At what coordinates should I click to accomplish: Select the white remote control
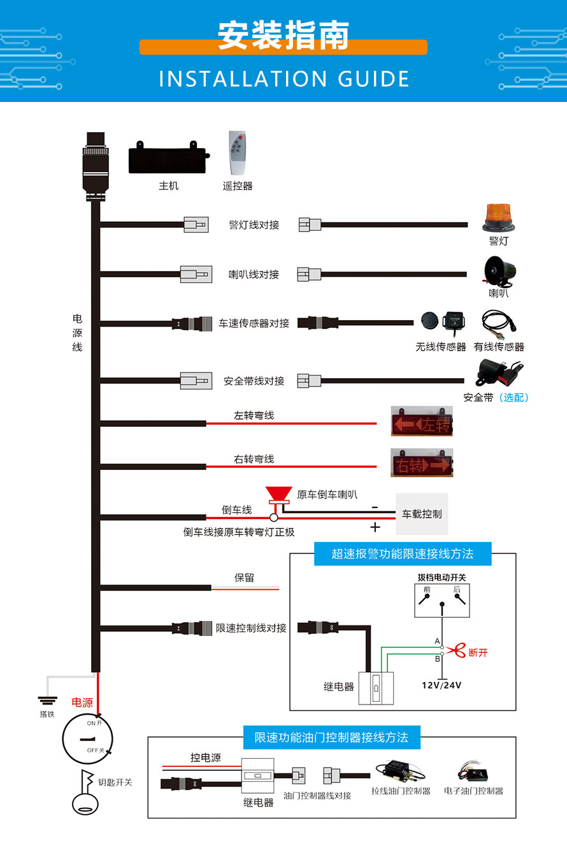(x=238, y=153)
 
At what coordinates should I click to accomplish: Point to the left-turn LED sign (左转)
(x=422, y=421)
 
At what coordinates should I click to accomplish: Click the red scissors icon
(x=456, y=651)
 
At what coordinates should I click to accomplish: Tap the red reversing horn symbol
(x=278, y=495)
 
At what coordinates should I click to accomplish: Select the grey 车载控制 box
(x=422, y=513)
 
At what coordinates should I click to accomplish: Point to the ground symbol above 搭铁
(x=47, y=700)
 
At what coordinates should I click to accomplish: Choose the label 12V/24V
(x=441, y=685)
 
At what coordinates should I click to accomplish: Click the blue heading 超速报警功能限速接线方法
(x=403, y=553)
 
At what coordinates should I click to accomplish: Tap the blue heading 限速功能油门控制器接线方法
(x=331, y=737)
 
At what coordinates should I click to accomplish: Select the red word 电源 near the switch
(x=82, y=703)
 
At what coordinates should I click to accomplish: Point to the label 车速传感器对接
(x=254, y=323)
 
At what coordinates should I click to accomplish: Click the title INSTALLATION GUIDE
(x=283, y=78)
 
